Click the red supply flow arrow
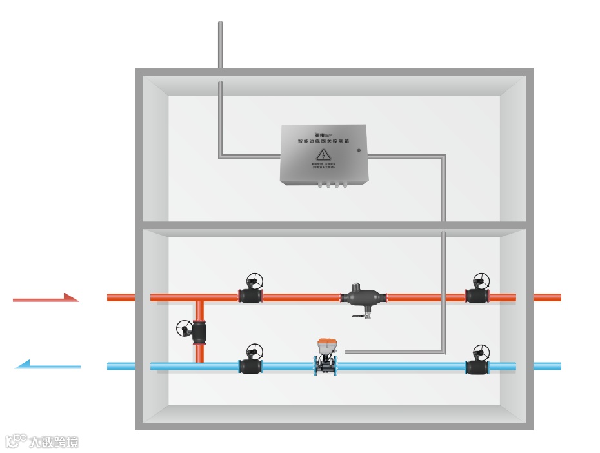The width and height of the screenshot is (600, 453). (x=46, y=298)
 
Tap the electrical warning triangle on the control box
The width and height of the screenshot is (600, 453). (x=323, y=155)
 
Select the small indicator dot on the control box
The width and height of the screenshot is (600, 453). (x=359, y=150)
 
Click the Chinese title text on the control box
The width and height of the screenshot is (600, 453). (x=323, y=140)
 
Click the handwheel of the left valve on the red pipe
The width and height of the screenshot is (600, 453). (x=255, y=281)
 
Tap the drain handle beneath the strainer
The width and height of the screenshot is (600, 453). (x=359, y=316)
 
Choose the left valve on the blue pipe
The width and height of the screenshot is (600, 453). (x=251, y=366)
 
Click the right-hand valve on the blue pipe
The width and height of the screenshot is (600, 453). (x=477, y=367)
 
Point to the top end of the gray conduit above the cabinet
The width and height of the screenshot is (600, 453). (x=220, y=24)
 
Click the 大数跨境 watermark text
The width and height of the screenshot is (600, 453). (x=53, y=442)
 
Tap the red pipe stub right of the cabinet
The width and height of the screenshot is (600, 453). (x=547, y=297)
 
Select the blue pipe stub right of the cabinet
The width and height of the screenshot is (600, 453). (x=547, y=366)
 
